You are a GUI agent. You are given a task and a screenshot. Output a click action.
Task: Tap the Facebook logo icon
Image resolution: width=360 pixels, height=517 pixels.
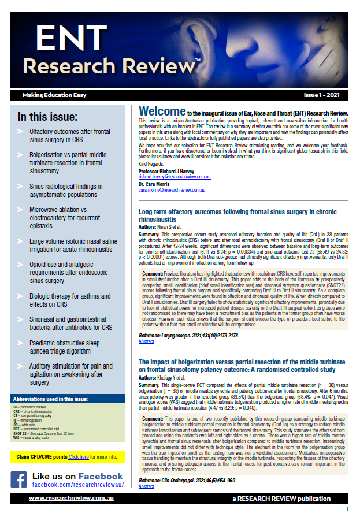pyautogui.click(x=18, y=479)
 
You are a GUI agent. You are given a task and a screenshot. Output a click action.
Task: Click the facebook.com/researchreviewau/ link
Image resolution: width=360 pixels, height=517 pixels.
pyautogui.click(x=77, y=485)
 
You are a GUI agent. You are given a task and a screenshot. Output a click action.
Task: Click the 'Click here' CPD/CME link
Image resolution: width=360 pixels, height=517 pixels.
pyautogui.click(x=80, y=456)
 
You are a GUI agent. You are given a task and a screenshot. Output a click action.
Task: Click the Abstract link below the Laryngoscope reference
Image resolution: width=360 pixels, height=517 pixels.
pyautogui.click(x=146, y=341)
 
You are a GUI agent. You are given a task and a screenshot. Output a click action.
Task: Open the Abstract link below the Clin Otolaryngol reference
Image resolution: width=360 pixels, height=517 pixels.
pyautogui.click(x=146, y=486)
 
